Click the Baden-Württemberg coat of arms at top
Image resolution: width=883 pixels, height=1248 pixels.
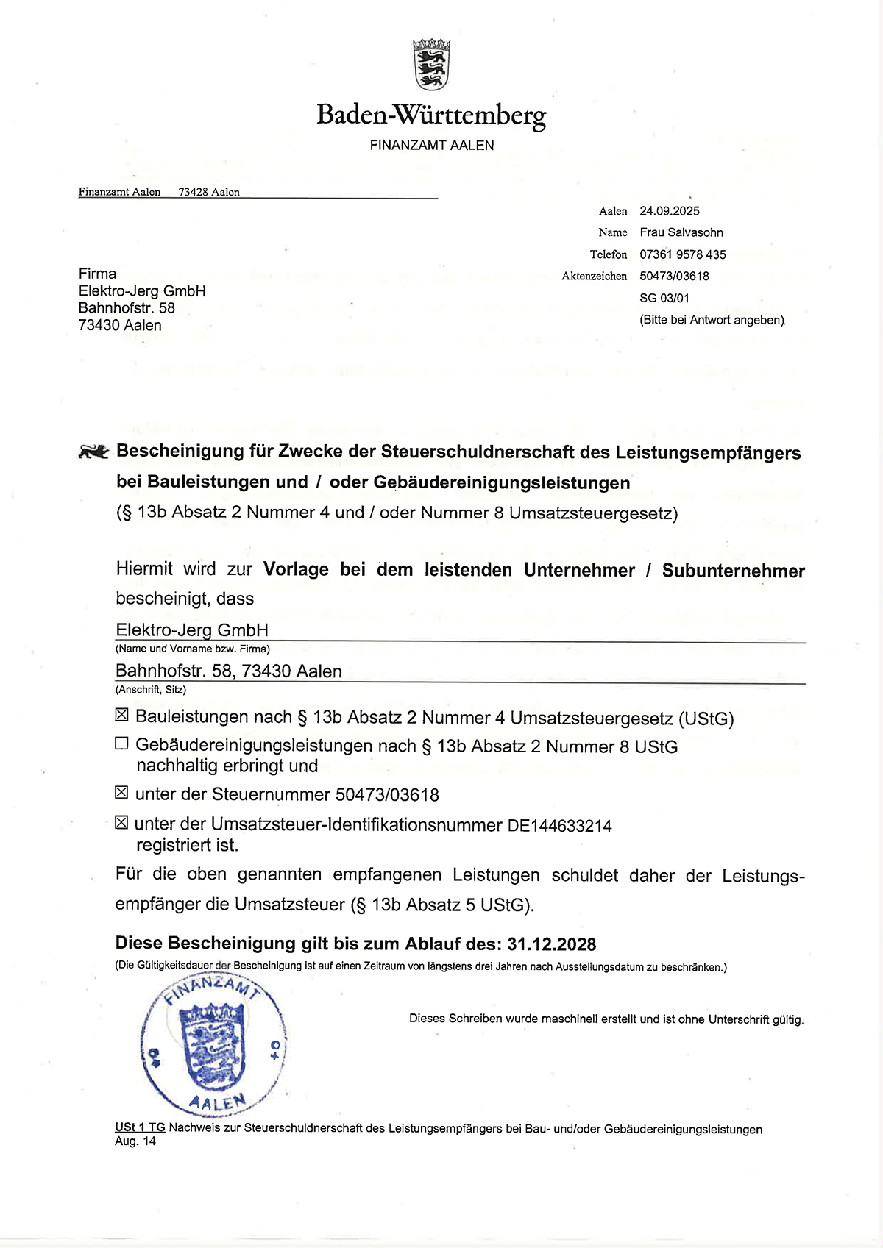pyautogui.click(x=431, y=65)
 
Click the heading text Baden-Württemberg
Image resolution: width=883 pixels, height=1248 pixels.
pyautogui.click(x=431, y=115)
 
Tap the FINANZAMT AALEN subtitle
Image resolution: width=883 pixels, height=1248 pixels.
pyautogui.click(x=432, y=146)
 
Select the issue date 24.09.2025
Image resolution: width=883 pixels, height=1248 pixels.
pyautogui.click(x=670, y=211)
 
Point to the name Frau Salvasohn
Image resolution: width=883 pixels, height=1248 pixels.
pyautogui.click(x=681, y=232)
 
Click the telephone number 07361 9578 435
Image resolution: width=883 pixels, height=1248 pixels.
pyautogui.click(x=683, y=254)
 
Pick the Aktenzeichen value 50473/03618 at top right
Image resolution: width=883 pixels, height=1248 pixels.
pyautogui.click(x=675, y=277)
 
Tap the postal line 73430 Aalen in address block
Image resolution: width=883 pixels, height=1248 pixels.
pyautogui.click(x=120, y=325)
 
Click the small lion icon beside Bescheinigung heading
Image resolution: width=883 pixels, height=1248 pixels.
pyautogui.click(x=93, y=452)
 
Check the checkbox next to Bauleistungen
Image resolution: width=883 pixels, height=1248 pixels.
pyautogui.click(x=122, y=715)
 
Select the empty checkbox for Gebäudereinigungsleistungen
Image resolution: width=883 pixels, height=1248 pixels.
pyautogui.click(x=122, y=744)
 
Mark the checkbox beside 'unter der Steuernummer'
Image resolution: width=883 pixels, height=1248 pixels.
pyautogui.click(x=122, y=792)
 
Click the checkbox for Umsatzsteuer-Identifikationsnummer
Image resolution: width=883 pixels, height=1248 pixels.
pyautogui.click(x=122, y=822)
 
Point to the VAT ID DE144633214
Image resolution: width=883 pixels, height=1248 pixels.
pyautogui.click(x=560, y=826)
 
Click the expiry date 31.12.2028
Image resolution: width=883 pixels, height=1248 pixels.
pyautogui.click(x=552, y=944)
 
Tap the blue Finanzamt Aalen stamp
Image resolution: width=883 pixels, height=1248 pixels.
pyautogui.click(x=213, y=1045)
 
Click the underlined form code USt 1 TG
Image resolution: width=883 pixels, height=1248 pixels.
pyautogui.click(x=140, y=1127)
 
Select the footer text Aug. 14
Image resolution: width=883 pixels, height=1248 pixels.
pyautogui.click(x=135, y=1141)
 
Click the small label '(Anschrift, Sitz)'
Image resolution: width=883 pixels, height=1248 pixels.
pyautogui.click(x=151, y=690)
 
